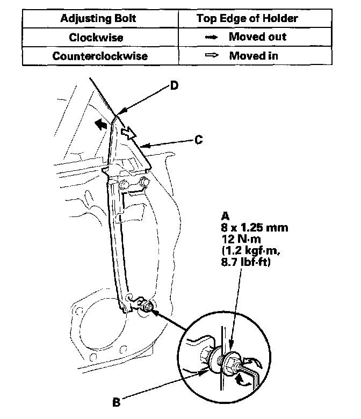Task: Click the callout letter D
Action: [174, 85]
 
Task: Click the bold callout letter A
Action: [225, 216]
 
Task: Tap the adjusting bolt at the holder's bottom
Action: [147, 307]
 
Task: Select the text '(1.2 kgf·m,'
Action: [250, 250]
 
